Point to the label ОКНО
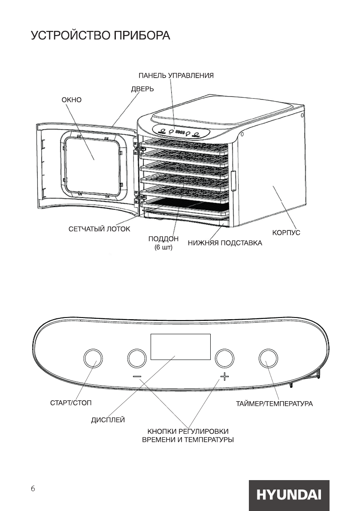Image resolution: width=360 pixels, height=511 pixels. [x=72, y=100]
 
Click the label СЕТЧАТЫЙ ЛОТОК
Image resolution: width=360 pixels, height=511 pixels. [x=99, y=229]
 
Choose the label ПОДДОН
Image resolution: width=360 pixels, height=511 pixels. [x=163, y=239]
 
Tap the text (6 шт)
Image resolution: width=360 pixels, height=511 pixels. [x=163, y=248]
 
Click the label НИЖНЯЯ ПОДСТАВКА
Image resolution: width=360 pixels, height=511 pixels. [x=225, y=243]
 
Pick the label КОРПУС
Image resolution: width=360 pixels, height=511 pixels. [x=286, y=233]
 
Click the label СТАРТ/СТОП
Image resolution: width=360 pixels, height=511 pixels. [x=71, y=403]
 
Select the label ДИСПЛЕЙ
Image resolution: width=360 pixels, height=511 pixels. [x=108, y=420]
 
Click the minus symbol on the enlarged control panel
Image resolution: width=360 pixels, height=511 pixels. [x=137, y=377]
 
